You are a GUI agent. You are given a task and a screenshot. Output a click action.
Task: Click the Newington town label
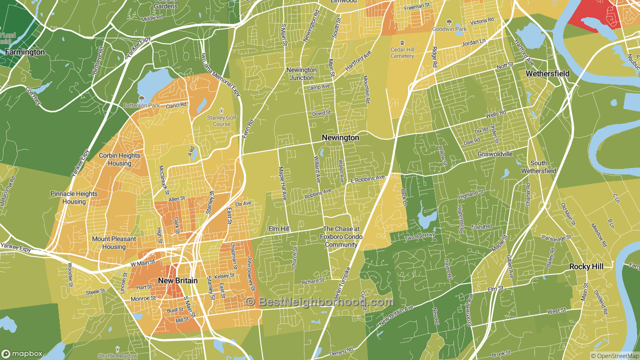click(x=340, y=137)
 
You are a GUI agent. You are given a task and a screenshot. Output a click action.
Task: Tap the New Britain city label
click(x=177, y=280)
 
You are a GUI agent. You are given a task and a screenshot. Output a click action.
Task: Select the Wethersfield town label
click(x=547, y=73)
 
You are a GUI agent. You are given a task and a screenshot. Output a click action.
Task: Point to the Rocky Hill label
click(x=586, y=267)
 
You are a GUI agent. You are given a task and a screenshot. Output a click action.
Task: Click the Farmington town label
click(x=25, y=52)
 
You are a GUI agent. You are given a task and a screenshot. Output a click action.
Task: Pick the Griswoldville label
click(x=495, y=154)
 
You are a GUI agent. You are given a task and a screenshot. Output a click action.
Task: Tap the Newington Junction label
click(x=301, y=74)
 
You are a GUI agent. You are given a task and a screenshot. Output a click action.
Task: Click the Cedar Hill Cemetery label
click(x=402, y=53)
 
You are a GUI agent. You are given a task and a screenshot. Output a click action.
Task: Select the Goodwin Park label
click(x=449, y=29)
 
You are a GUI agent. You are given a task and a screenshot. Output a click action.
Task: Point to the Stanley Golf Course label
click(x=221, y=120)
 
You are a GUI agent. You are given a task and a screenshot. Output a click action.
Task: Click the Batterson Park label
click(x=141, y=105)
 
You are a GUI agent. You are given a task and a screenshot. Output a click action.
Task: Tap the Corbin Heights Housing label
click(x=119, y=159)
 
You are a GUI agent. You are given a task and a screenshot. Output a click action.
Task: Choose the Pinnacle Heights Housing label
click(x=74, y=197)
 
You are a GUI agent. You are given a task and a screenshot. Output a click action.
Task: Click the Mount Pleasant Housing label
click(x=113, y=243)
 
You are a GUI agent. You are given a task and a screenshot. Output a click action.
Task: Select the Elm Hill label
click(x=279, y=228)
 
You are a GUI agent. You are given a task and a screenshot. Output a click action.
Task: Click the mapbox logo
click(x=22, y=353)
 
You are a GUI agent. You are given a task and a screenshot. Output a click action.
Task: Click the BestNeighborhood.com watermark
click(x=320, y=301)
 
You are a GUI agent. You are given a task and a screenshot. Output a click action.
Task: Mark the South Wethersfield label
click(x=538, y=167)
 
